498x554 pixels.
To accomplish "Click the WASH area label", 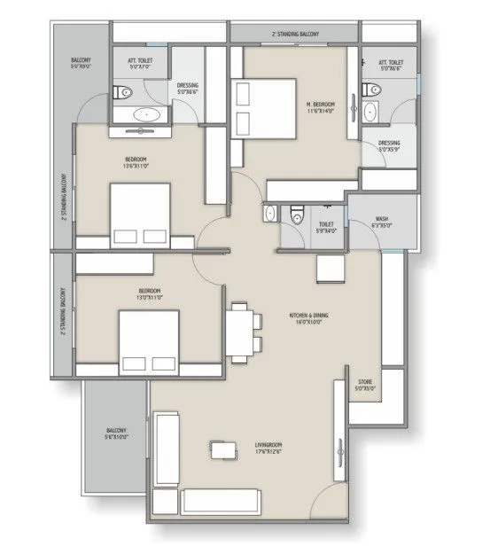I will pyautogui.click(x=381, y=222).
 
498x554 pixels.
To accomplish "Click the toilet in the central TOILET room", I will pyautogui.click(x=297, y=215).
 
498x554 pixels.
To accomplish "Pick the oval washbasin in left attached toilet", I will pyautogui.click(x=144, y=115).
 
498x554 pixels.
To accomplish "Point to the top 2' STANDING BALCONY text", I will pyautogui.click(x=295, y=34).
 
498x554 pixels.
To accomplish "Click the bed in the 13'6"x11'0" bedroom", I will pyautogui.click(x=139, y=213).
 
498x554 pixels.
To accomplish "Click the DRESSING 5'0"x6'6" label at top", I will pyautogui.click(x=188, y=87).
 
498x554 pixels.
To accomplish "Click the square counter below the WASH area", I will pyautogui.click(x=330, y=267).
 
